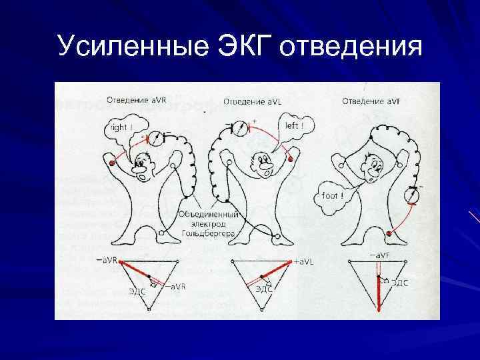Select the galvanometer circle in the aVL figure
coord(236,128)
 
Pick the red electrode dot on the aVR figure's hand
coord(111,162)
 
